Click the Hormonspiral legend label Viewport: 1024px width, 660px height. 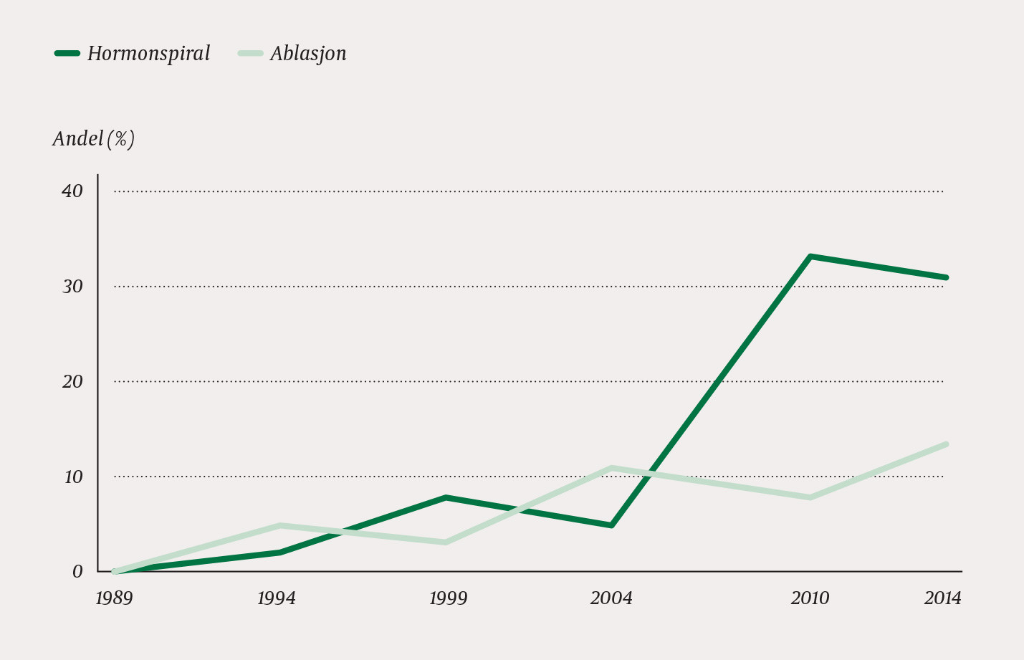[x=148, y=54]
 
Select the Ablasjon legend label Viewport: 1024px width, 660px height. [x=308, y=54]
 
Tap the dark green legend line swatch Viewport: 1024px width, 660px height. [x=67, y=53]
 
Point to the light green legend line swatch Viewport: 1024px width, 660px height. [x=250, y=53]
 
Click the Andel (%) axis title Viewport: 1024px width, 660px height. [x=93, y=138]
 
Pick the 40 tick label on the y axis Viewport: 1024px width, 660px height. [x=72, y=191]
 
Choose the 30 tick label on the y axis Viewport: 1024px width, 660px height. [x=72, y=287]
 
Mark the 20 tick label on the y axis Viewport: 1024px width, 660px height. [x=72, y=382]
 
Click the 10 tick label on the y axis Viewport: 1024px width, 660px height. [x=73, y=477]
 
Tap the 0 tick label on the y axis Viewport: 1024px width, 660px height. [x=77, y=572]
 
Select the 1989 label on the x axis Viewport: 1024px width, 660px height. [x=114, y=598]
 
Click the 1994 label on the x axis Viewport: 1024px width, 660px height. [x=277, y=598]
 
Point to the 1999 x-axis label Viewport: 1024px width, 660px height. [x=448, y=598]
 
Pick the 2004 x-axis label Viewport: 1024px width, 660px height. [x=611, y=598]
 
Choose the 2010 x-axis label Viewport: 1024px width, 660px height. [x=810, y=598]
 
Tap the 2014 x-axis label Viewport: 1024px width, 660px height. [x=942, y=598]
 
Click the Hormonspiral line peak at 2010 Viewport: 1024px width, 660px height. [x=810, y=257]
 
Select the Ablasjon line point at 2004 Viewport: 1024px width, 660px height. [x=611, y=468]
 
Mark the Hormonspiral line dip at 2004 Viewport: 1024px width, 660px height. [x=611, y=525]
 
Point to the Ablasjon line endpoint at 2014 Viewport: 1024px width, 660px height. [x=946, y=444]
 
